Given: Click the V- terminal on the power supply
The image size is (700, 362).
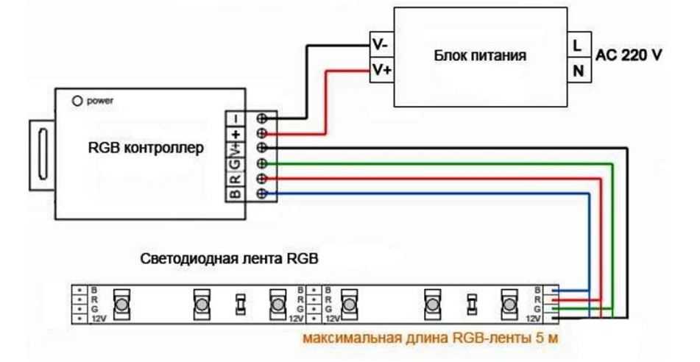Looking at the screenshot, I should (x=381, y=44).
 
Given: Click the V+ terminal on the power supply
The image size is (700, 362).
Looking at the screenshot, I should (x=381, y=71).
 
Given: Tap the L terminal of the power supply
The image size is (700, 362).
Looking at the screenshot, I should (x=576, y=44).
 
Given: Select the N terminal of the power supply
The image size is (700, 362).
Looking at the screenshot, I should (x=576, y=71).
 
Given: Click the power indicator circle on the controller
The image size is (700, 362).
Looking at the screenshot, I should (x=76, y=99).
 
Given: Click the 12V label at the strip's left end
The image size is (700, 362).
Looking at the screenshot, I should (x=98, y=319).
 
